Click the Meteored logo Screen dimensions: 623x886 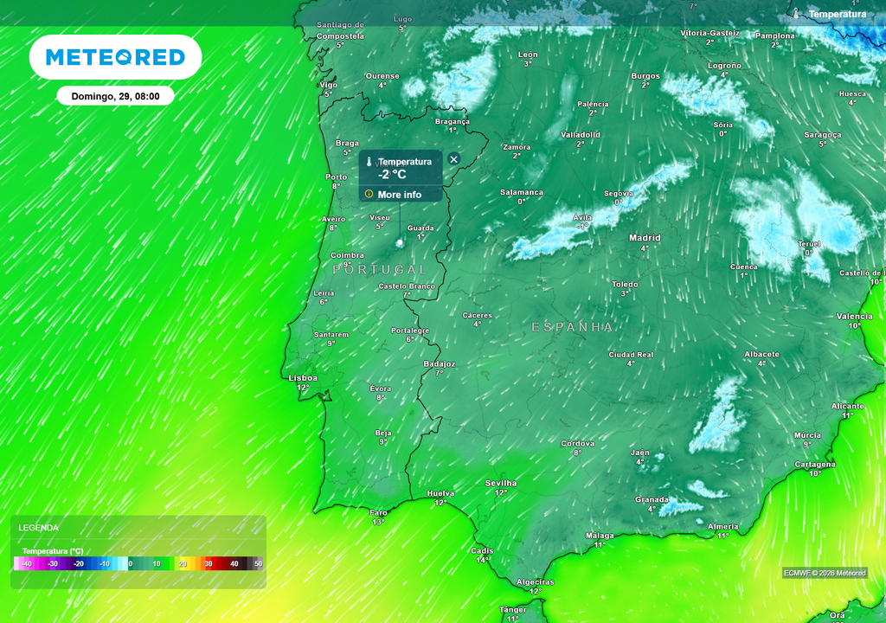[115, 57]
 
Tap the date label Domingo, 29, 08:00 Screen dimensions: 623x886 [115, 96]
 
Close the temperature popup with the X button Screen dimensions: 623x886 [453, 160]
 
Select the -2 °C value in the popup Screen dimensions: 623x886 [392, 174]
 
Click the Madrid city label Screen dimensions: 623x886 [645, 238]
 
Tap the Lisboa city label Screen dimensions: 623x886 [303, 378]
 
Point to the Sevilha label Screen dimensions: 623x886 [501, 483]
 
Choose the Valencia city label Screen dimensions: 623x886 [854, 317]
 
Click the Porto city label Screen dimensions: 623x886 [336, 177]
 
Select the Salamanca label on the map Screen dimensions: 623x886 [522, 192]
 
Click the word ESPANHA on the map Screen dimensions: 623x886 [572, 327]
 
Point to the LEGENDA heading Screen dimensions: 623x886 [39, 527]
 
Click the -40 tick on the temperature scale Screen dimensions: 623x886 [27, 564]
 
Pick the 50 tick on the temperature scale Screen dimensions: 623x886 [258, 564]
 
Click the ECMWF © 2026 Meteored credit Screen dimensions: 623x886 [825, 573]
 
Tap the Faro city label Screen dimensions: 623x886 [379, 512]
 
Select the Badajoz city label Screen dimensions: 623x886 [440, 364]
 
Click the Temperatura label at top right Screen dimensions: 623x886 [837, 14]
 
